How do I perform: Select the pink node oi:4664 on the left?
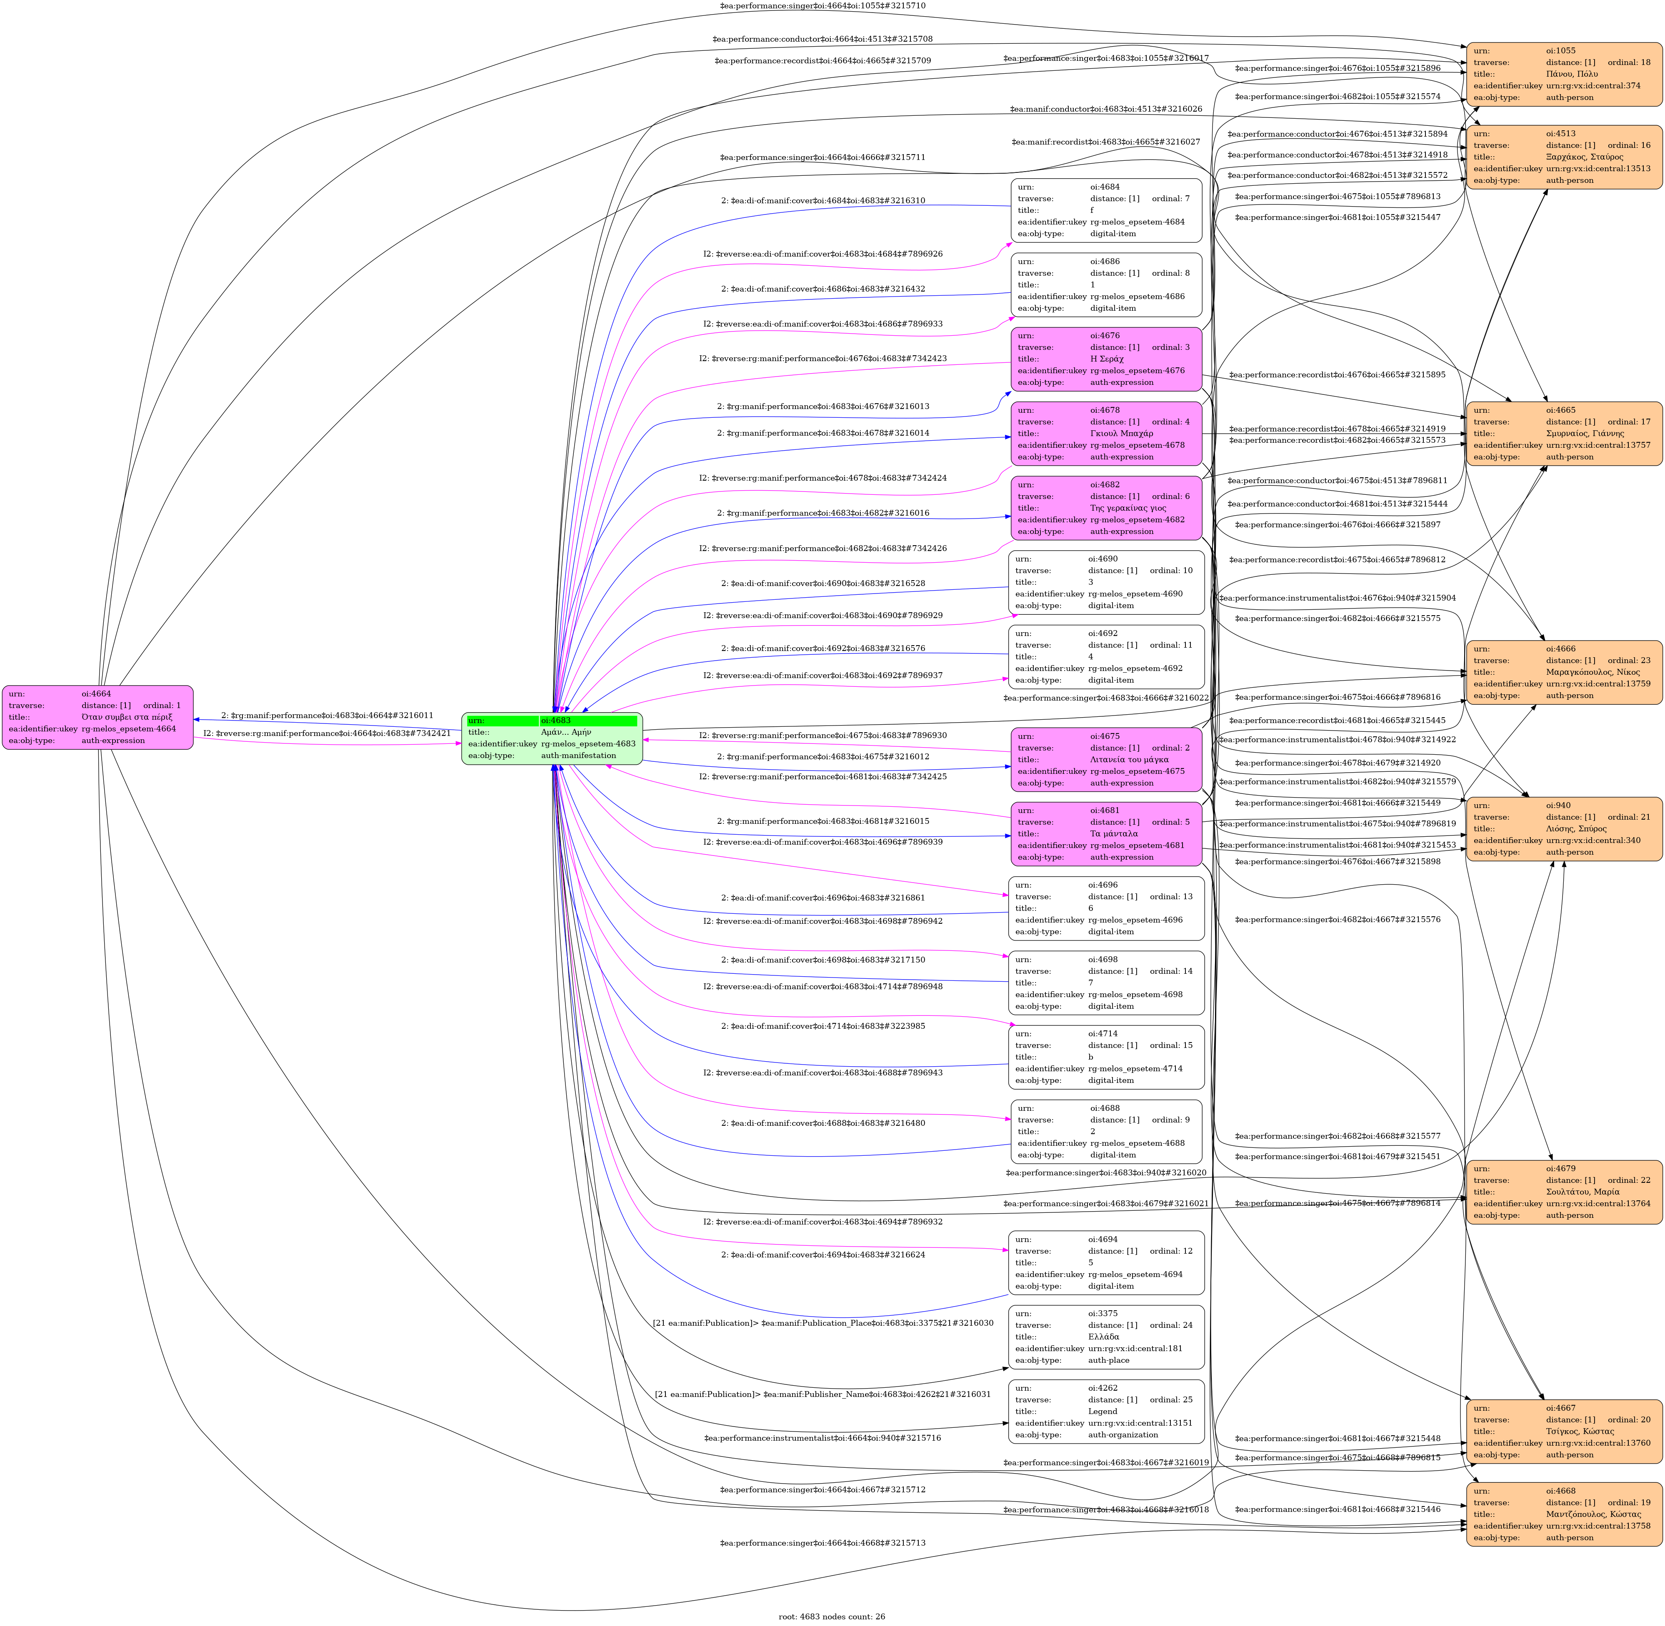coord(97,717)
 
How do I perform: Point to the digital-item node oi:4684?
coord(1106,210)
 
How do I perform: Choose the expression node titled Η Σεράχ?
coord(1106,359)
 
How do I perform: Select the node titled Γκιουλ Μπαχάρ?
coord(1106,433)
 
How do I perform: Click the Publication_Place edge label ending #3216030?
coord(822,1323)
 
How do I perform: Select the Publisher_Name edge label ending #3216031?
coord(822,1394)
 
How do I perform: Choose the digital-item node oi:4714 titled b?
coord(1106,1057)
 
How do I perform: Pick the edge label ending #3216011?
coord(327,716)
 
